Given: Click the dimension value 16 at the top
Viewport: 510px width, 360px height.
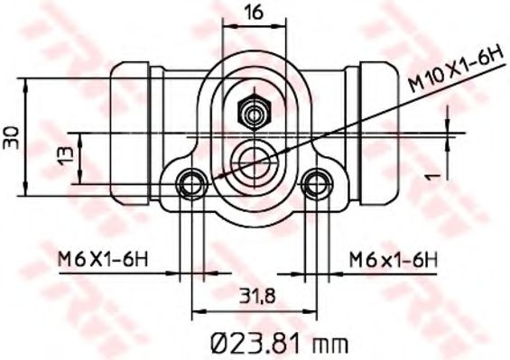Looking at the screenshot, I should point(254,13).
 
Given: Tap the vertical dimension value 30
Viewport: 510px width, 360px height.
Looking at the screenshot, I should point(12,137).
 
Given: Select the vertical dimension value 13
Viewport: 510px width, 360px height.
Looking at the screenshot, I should point(64,155).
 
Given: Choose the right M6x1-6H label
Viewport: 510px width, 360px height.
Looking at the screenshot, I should point(393,260).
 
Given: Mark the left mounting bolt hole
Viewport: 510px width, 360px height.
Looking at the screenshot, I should point(190,183).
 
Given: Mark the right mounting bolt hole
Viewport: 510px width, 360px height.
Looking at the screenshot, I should point(315,183).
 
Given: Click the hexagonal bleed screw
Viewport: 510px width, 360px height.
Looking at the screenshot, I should point(252,114).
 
